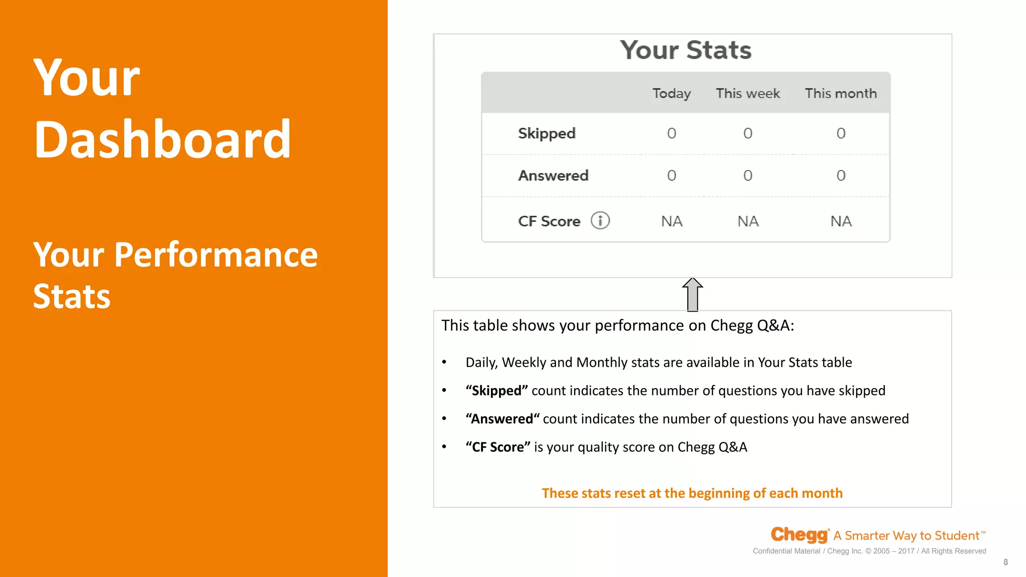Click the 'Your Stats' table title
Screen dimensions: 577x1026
point(685,50)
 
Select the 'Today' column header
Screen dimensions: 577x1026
point(671,94)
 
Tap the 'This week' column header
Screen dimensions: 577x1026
point(747,94)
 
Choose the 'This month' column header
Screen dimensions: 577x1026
point(841,94)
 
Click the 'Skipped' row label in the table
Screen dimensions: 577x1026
point(547,134)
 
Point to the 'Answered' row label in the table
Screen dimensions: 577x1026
point(553,176)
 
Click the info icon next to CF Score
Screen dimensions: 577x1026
point(600,220)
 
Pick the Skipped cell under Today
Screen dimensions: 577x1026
point(671,133)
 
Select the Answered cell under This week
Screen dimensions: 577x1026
point(747,176)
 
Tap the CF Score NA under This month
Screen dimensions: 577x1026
point(841,221)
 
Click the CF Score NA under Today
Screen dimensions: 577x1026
point(671,221)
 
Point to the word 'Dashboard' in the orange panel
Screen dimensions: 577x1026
point(162,139)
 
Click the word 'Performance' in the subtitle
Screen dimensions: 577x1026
point(215,255)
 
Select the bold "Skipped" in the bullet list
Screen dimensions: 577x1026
point(496,391)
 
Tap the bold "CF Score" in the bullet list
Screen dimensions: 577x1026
point(497,447)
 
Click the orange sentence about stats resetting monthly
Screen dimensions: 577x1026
point(692,493)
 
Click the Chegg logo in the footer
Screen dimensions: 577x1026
point(799,535)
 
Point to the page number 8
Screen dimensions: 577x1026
point(1005,562)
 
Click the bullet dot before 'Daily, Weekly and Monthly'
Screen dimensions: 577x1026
point(444,362)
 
